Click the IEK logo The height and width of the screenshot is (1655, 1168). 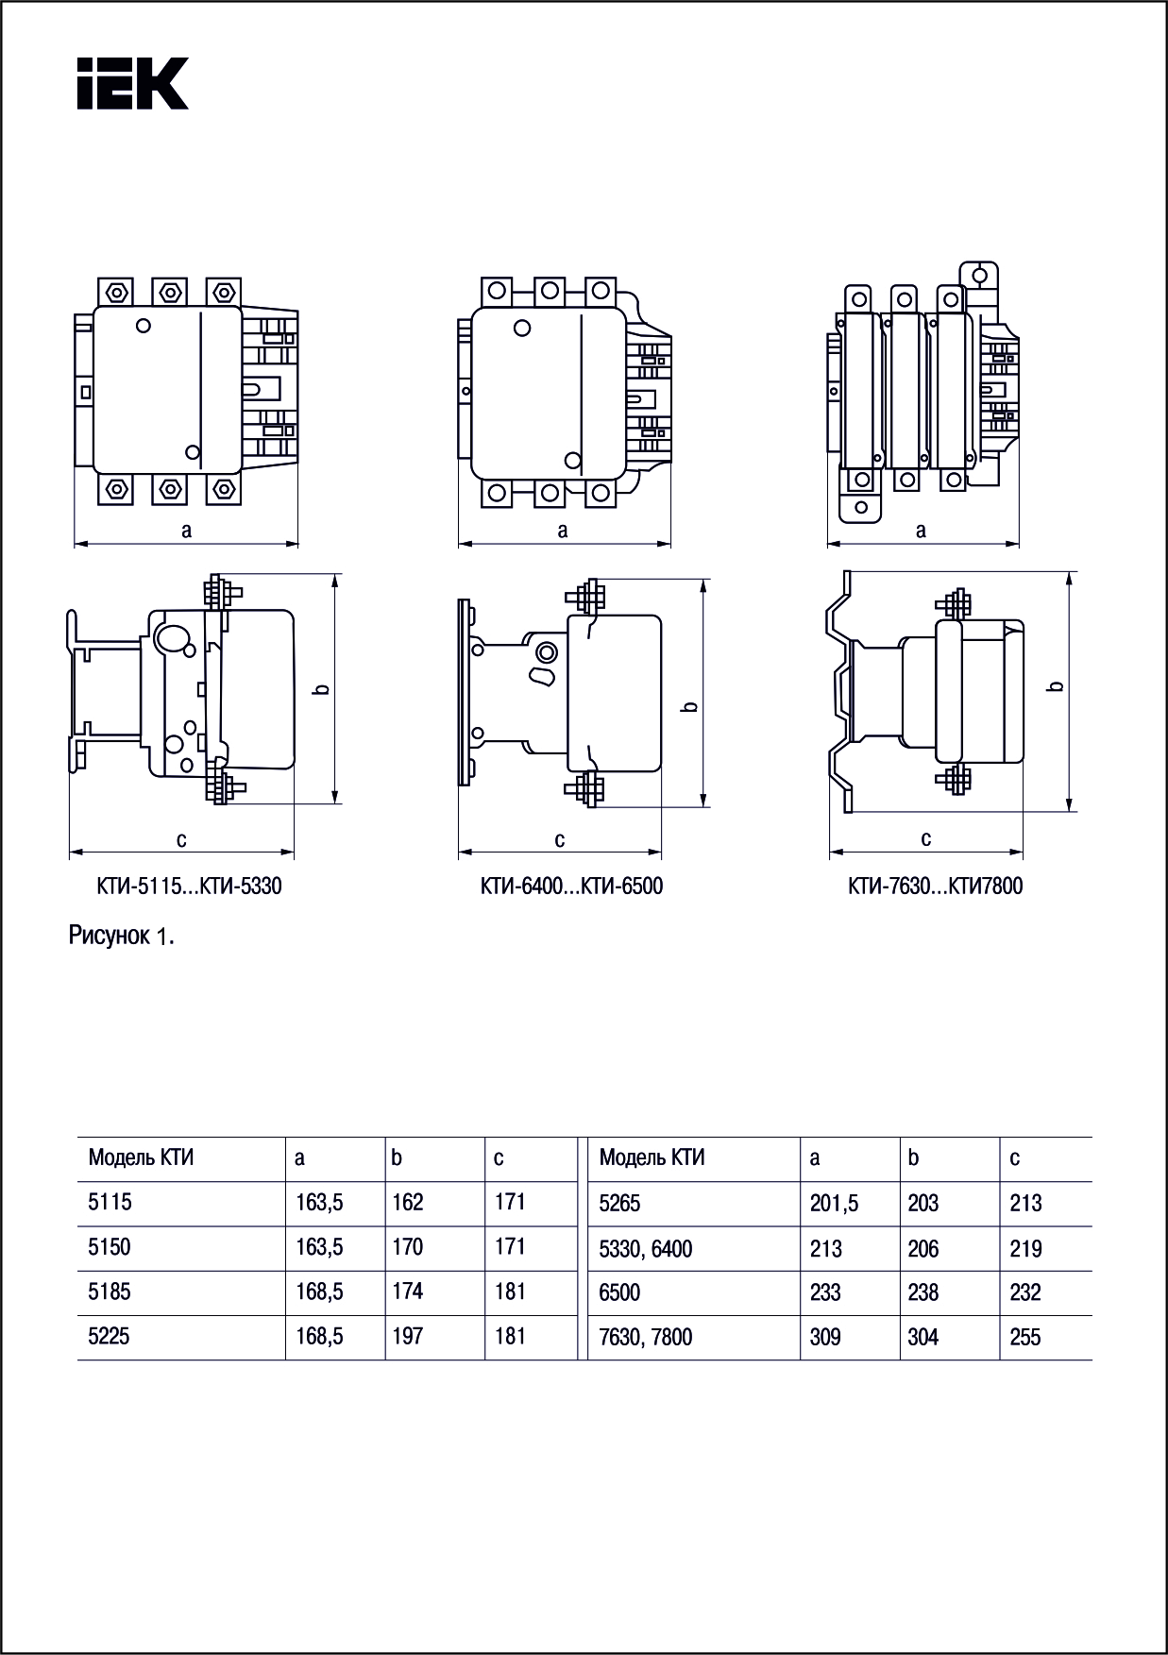point(132,83)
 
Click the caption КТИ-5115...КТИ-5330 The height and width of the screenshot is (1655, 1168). point(189,887)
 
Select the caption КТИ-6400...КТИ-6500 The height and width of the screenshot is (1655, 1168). point(571,887)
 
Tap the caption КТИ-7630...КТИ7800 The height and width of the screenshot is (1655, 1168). point(935,887)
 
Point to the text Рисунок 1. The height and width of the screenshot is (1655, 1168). point(122,937)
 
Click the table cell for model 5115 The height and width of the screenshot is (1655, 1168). point(110,1203)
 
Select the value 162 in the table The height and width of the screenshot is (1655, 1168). point(408,1203)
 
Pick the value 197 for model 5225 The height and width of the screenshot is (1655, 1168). point(408,1337)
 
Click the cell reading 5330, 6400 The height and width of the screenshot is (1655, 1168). point(645,1249)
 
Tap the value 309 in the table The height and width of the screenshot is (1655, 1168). point(825,1337)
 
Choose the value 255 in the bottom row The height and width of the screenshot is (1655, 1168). point(1025,1337)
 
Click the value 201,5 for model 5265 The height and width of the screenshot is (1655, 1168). point(834,1204)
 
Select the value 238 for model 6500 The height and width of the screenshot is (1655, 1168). point(923,1292)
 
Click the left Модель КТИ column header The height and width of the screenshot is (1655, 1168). point(141,1157)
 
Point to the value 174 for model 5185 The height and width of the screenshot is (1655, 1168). point(408,1292)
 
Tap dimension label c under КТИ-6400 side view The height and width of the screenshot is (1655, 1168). point(560,839)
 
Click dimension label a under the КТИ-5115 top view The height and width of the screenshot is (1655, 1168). point(187,531)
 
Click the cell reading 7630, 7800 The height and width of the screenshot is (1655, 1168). point(645,1337)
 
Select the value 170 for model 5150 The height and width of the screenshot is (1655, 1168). point(408,1247)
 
